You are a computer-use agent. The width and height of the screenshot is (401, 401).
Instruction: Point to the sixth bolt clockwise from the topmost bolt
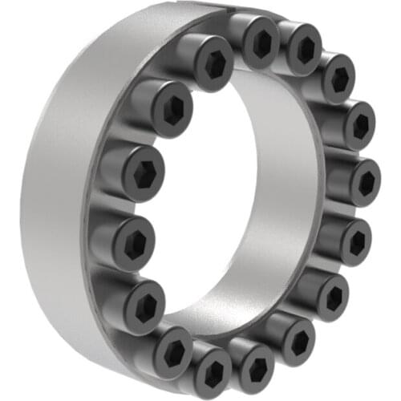pos(330,294)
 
